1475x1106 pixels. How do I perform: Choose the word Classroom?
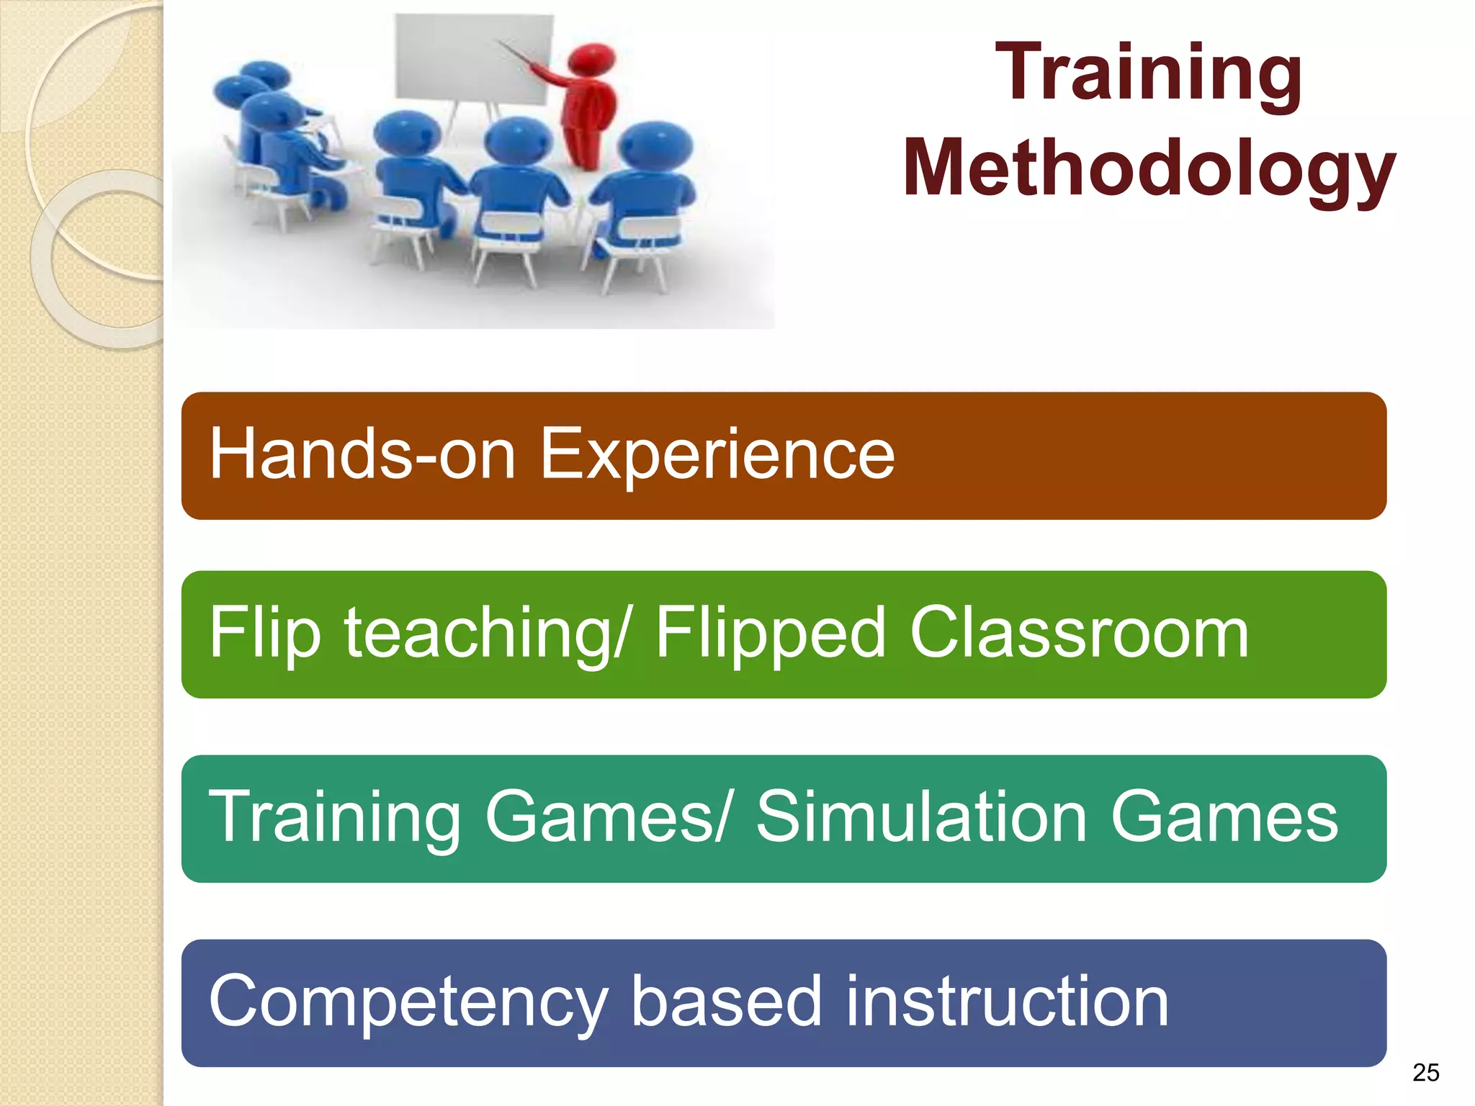[x=1079, y=632]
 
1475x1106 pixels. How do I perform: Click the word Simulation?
[x=922, y=817]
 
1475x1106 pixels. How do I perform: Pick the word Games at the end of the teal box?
[x=1224, y=817]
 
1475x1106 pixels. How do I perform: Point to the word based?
[x=726, y=1001]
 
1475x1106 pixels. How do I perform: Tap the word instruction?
[x=1007, y=1001]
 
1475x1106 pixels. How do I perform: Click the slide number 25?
[x=1425, y=1073]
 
